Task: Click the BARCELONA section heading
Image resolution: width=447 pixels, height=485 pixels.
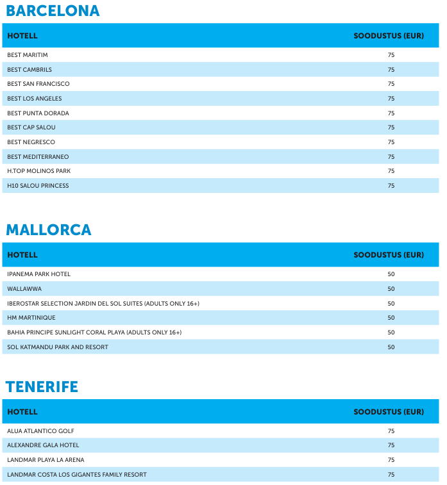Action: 53,11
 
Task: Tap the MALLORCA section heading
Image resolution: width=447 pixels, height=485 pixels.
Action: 49,230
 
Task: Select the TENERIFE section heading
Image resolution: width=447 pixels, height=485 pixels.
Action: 42,387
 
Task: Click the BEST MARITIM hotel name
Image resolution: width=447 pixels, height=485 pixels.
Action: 28,55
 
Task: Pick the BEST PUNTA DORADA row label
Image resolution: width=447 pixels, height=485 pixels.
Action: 38,113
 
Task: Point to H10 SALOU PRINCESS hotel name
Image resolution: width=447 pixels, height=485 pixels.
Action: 38,186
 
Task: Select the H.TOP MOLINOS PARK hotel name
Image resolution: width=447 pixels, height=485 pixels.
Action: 39,171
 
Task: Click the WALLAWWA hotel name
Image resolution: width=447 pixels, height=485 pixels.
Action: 24,289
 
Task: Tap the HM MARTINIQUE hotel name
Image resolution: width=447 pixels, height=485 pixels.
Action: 31,318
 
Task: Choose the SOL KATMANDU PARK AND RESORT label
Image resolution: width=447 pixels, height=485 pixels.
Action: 58,347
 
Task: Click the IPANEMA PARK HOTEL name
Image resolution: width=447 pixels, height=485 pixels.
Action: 38,274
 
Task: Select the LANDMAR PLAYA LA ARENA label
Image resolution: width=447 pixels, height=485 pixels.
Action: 46,460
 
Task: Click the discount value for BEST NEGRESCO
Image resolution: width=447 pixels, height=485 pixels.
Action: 391,142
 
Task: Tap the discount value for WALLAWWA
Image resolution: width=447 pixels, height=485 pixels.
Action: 391,289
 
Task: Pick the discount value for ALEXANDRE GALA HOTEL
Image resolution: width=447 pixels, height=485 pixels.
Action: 391,445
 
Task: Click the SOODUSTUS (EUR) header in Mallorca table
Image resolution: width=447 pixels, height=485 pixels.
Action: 389,255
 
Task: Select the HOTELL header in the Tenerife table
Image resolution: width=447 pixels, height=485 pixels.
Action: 22,412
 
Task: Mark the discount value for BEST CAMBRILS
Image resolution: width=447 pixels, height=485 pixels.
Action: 391,70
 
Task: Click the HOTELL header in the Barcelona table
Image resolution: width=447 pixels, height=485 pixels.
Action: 22,36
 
